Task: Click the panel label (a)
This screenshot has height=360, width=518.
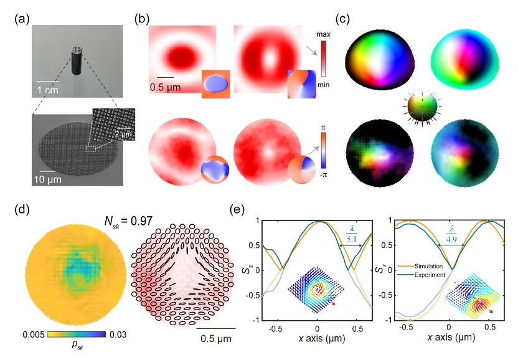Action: coord(22,19)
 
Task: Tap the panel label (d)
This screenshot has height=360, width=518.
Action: coord(22,209)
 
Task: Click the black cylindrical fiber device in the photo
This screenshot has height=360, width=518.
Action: coord(77,60)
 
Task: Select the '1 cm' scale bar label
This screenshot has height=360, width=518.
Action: coord(47,90)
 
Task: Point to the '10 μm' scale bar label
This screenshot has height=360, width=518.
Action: coord(47,179)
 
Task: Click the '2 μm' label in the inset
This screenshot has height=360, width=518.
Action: coord(123,133)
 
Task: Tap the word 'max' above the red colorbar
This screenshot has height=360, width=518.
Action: coord(323,34)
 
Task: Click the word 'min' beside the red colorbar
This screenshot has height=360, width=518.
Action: coord(323,85)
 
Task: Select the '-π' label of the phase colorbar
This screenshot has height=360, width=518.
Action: coord(323,174)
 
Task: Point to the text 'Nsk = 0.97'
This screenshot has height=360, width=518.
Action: coord(128,220)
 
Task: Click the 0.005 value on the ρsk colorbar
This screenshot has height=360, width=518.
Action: coord(34,334)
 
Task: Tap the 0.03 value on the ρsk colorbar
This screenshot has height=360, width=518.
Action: coord(118,334)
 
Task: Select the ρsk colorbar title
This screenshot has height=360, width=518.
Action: coord(77,345)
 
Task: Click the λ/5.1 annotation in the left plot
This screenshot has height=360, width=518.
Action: coord(351,234)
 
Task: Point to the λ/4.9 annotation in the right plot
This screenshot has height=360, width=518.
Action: coord(451,234)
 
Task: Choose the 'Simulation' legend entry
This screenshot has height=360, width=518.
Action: coord(428,266)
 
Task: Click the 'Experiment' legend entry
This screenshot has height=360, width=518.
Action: coord(430,275)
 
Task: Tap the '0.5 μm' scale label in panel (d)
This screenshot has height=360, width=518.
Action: coord(216,339)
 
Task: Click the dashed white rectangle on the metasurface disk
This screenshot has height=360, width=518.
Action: coord(90,148)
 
